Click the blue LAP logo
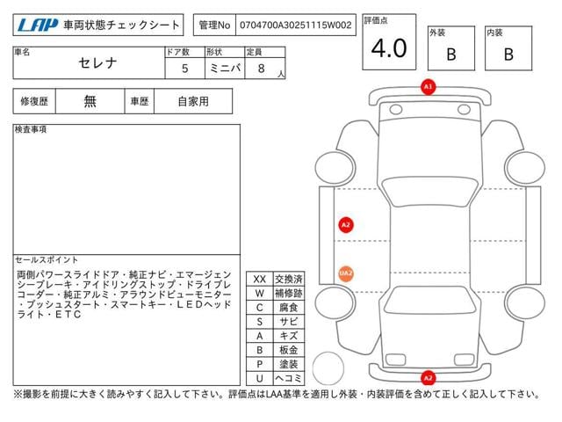click(38, 25)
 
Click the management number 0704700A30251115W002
click(295, 25)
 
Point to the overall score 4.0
click(389, 48)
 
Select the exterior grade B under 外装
click(451, 55)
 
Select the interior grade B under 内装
click(508, 55)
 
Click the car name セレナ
click(97, 63)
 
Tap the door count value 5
click(185, 69)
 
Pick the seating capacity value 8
click(262, 69)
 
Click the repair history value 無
click(90, 101)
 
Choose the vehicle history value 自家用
click(193, 102)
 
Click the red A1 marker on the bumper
click(428, 87)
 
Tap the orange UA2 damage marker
click(346, 273)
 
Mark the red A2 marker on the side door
click(346, 225)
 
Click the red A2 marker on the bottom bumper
click(428, 378)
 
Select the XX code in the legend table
click(260, 280)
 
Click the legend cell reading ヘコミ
click(289, 378)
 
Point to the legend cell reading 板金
click(289, 350)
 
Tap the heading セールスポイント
click(47, 259)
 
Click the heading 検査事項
click(31, 129)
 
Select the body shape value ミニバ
click(225, 69)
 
